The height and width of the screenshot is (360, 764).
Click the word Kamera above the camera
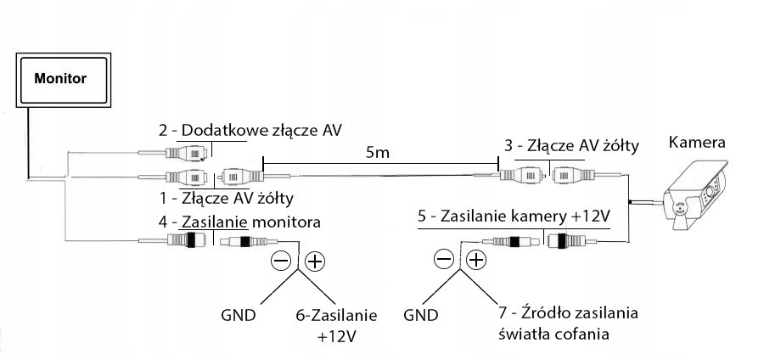coord(697,141)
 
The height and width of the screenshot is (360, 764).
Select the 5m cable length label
coord(379,153)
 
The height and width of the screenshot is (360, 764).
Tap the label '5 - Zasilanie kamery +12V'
coord(514,217)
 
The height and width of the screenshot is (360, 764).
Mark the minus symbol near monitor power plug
coord(282,261)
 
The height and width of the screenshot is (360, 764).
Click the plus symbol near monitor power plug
coord(314,261)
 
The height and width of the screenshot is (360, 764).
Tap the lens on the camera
coord(678,206)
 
